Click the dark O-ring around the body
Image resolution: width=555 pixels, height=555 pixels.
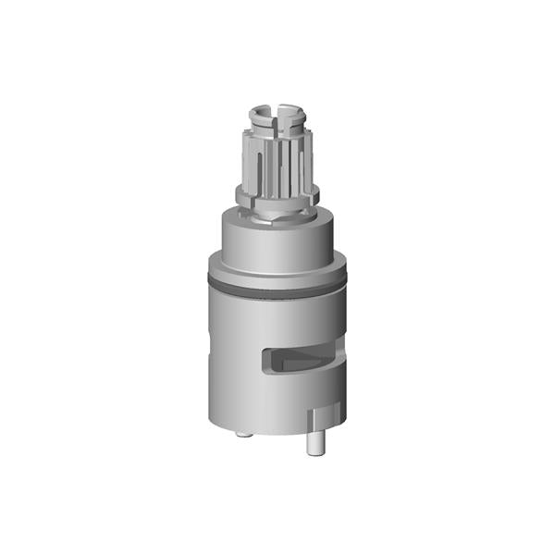click(x=277, y=287)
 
